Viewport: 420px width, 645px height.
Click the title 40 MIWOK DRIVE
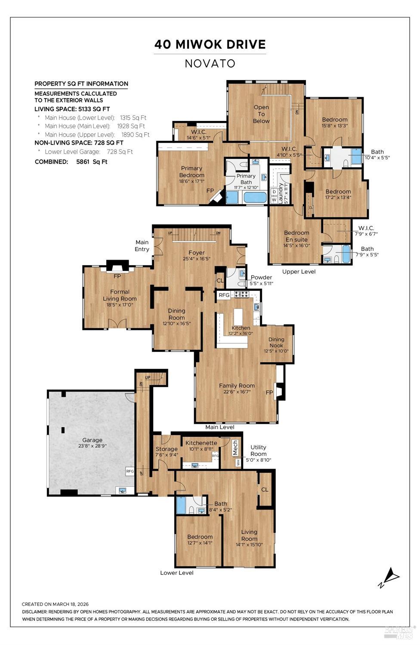[210, 44]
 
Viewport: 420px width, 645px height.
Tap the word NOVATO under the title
[210, 64]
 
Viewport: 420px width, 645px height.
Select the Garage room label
[93, 440]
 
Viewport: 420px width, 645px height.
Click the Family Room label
[237, 386]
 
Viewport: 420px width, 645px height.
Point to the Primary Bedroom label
[191, 172]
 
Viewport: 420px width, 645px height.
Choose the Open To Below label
[261, 114]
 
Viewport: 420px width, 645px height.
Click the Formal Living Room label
[120, 295]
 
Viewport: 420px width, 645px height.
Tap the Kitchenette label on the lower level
[201, 443]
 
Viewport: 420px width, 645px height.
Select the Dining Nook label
[276, 343]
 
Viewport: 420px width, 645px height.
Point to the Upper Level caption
[299, 272]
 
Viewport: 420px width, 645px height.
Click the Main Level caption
[219, 427]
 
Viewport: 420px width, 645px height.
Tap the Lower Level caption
[177, 573]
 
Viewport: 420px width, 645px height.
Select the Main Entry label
[142, 246]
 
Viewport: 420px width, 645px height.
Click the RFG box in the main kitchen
[224, 295]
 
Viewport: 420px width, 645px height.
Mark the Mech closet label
[235, 448]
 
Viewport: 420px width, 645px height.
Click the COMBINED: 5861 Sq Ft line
[71, 162]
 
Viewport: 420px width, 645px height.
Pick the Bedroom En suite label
[296, 236]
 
